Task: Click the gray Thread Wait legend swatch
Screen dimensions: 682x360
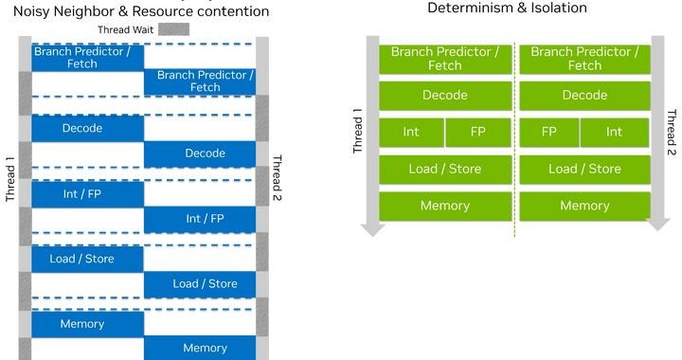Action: (173, 29)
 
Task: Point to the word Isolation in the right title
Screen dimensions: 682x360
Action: (559, 8)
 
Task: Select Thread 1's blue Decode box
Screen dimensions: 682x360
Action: (87, 128)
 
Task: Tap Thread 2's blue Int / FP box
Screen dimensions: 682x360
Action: (200, 219)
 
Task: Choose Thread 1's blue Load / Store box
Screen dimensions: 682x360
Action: (87, 260)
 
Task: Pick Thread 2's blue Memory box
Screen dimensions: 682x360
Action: (200, 348)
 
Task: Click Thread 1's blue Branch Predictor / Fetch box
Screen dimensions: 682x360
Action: (87, 58)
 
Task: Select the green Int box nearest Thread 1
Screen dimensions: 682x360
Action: (411, 133)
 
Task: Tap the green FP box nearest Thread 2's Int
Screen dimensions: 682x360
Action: (549, 133)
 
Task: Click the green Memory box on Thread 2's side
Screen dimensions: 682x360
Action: (585, 207)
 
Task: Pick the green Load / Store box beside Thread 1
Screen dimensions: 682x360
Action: (445, 170)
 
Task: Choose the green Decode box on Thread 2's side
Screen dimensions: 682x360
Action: (585, 96)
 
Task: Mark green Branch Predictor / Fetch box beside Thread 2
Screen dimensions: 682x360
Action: (585, 59)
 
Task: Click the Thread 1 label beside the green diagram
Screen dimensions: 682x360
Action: (357, 131)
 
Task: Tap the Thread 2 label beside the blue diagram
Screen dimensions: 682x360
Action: (277, 177)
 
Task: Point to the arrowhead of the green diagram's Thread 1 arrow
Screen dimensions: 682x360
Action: (373, 230)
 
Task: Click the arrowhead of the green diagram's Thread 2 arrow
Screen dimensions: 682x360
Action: (657, 224)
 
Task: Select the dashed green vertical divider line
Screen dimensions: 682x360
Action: (515, 140)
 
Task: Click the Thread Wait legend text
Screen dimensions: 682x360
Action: (126, 30)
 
